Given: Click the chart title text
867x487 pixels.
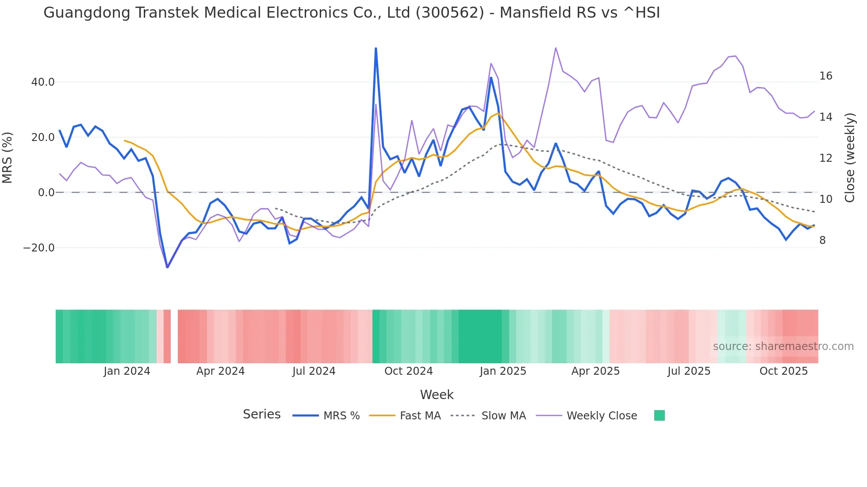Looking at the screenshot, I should pos(352,13).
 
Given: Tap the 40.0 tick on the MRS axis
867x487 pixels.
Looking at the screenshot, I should pos(43,82).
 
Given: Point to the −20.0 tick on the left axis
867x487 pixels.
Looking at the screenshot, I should pos(39,248).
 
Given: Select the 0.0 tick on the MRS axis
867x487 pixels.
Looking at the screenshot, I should pos(46,193).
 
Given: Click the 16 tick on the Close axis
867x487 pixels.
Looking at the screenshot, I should pos(825,76).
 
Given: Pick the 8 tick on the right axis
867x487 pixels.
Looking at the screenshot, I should pos(822,240).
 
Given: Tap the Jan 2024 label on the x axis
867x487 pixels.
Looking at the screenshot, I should pos(127,371).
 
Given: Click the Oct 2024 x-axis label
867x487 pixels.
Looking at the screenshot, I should pos(408,371).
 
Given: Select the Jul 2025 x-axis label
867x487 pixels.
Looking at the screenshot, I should pos(689,371).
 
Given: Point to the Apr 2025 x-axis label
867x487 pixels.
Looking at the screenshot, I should pos(595,371).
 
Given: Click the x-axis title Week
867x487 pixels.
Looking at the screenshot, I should pos(437,395).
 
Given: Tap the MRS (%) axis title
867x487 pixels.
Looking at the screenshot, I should pos(8,158).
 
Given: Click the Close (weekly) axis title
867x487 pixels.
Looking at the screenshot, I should pos(850,158).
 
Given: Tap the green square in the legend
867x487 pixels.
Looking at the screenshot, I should pos(659,416).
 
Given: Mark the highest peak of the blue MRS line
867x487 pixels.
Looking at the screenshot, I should pos(376,48).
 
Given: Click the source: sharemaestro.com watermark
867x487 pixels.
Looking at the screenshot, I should pos(783,346).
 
